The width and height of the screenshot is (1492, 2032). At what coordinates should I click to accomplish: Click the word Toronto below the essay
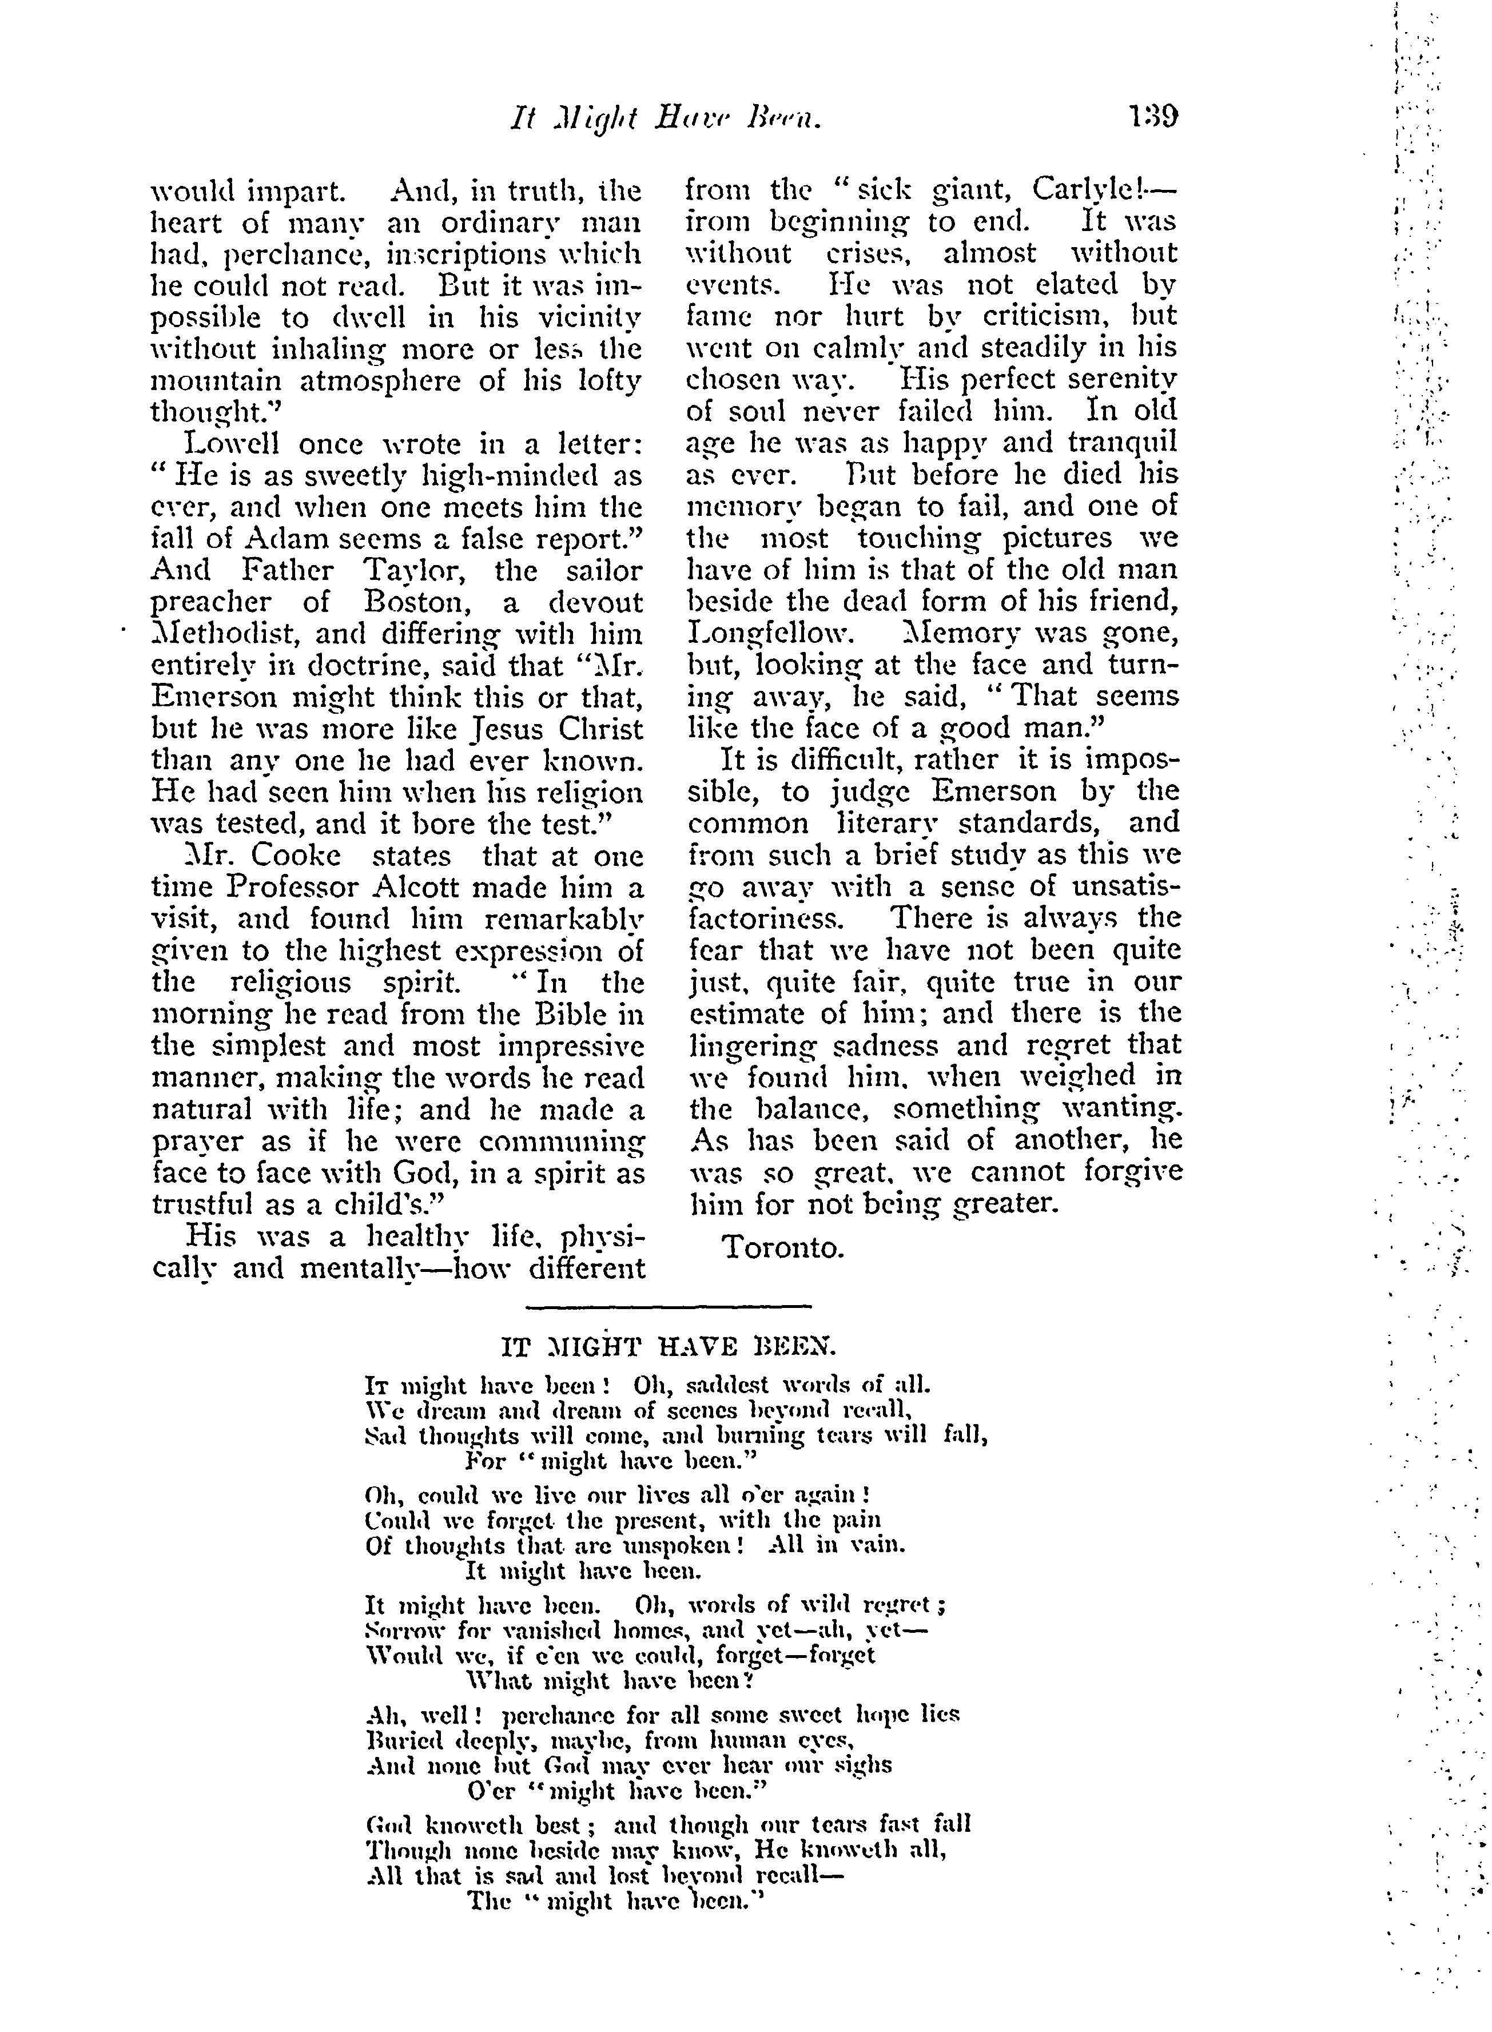(783, 1247)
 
